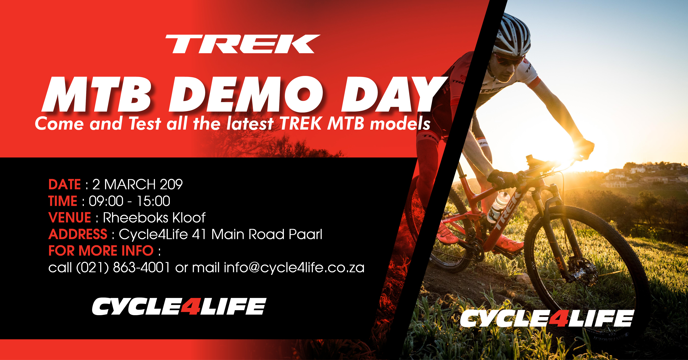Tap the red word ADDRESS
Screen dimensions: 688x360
pyautogui.click(x=78, y=234)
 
